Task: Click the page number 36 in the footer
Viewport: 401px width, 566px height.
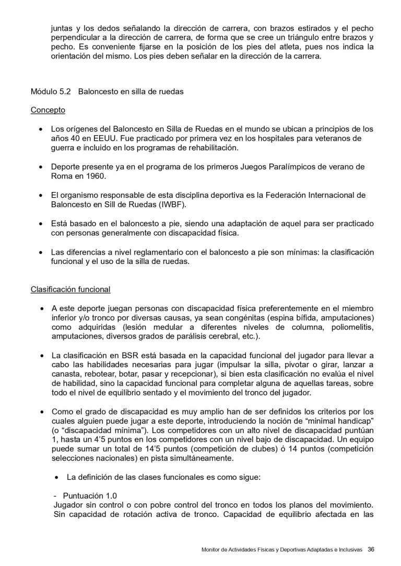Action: [x=371, y=549]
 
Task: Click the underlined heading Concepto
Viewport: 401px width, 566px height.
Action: [x=48, y=111]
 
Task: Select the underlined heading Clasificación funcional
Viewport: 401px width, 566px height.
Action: [x=70, y=289]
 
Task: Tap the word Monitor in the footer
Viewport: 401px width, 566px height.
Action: [x=211, y=549]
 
